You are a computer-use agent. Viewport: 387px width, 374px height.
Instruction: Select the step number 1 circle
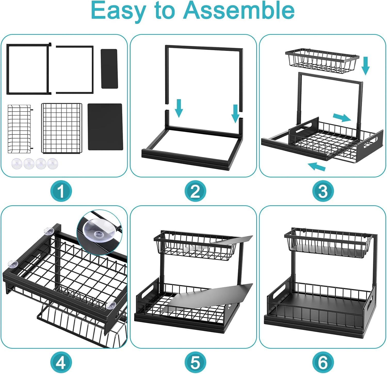[x=61, y=191]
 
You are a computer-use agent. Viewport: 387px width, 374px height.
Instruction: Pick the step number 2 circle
[x=195, y=191]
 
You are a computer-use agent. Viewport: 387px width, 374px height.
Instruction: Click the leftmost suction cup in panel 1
[x=17, y=163]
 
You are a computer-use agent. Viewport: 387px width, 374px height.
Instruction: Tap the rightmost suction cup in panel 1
[x=53, y=163]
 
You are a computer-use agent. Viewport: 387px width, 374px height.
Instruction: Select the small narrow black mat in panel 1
[x=109, y=69]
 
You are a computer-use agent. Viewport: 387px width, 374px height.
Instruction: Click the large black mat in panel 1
[x=105, y=127]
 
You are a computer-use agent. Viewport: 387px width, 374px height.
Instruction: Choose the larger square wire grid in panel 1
[x=62, y=128]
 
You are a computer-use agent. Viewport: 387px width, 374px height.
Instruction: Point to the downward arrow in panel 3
[x=365, y=66]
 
